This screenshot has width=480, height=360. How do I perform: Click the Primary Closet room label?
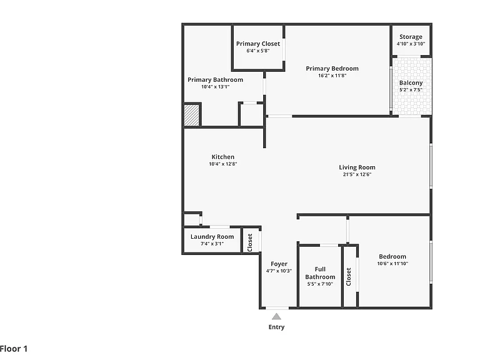[258, 44]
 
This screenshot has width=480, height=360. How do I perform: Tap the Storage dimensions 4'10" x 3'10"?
[411, 44]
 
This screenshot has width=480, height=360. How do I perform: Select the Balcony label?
[411, 83]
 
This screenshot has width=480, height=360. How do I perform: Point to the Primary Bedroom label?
[332, 69]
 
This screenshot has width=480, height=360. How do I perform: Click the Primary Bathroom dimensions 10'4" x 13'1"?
[215, 87]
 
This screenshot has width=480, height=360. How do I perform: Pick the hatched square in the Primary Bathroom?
[192, 115]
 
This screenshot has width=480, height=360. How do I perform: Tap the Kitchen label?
[223, 157]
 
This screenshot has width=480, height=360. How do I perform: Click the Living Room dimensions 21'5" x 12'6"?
[357, 174]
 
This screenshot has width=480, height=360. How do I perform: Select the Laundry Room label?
[212, 237]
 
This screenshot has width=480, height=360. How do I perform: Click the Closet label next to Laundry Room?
[250, 242]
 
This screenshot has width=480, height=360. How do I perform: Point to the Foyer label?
[279, 264]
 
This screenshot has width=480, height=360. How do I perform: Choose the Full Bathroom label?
[320, 273]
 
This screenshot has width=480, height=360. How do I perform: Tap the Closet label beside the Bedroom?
[348, 277]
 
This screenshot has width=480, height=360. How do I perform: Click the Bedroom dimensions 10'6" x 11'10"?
[392, 264]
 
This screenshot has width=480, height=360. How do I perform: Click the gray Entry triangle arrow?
[276, 316]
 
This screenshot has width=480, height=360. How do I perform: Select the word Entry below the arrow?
[276, 327]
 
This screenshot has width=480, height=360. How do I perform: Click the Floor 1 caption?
[14, 349]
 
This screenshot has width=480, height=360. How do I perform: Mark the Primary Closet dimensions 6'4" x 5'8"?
[258, 51]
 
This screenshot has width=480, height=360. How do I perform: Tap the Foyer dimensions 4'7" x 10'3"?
[279, 271]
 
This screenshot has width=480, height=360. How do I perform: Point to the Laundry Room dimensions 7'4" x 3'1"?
[212, 244]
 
